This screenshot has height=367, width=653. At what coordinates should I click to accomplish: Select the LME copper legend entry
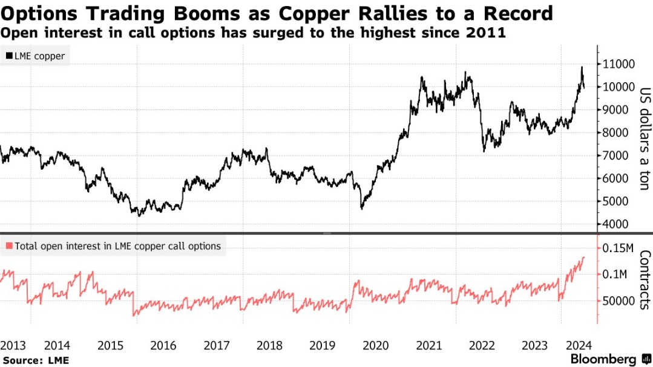(x=35, y=56)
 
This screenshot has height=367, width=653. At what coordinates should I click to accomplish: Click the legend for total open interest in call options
(x=113, y=246)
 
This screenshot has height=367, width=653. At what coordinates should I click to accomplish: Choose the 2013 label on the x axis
(x=13, y=346)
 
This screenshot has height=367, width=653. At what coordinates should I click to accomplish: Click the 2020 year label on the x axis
(x=375, y=346)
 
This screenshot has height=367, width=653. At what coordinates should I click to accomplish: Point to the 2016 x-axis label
(x=163, y=346)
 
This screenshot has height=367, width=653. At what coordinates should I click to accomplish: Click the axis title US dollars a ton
(x=644, y=139)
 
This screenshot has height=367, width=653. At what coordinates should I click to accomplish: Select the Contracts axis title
(x=644, y=279)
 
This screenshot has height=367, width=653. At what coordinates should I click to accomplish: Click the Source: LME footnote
(x=35, y=360)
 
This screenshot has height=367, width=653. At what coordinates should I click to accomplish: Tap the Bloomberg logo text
(x=603, y=359)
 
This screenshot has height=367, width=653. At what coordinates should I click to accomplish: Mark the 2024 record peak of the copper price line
(x=582, y=67)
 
